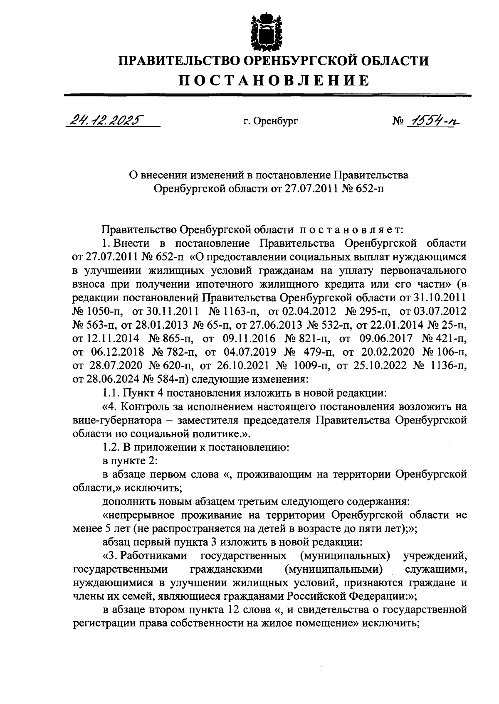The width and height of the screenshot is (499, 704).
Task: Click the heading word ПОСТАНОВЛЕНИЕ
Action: tap(274, 80)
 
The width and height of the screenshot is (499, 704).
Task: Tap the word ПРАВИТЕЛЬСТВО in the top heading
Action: tap(179, 61)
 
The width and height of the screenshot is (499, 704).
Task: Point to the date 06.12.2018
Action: tap(117, 352)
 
